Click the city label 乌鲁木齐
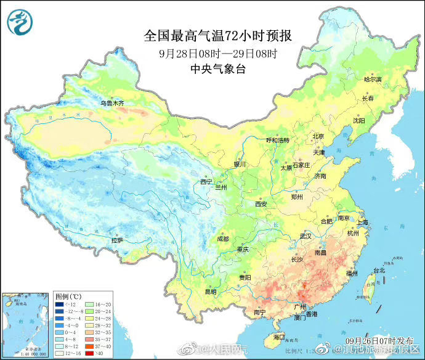click(x=112, y=102)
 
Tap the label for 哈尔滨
click(x=373, y=80)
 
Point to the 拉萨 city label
click(x=117, y=240)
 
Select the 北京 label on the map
click(x=318, y=137)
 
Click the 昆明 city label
click(x=211, y=292)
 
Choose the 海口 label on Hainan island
click(x=279, y=337)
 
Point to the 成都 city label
click(x=222, y=239)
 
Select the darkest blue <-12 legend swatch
click(x=60, y=305)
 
